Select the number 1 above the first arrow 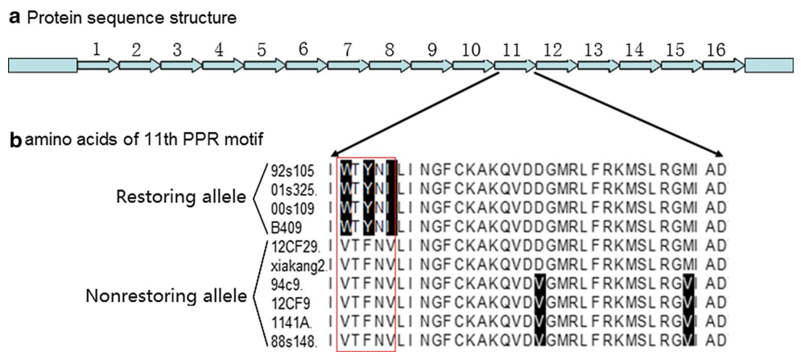97,50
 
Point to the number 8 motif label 390,50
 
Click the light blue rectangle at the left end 43,66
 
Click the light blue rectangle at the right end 770,66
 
